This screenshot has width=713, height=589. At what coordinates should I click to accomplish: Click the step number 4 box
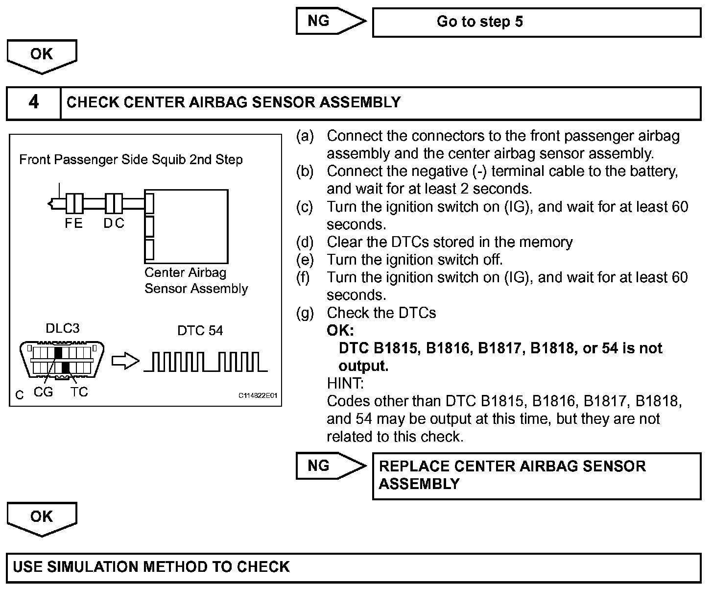[x=33, y=103]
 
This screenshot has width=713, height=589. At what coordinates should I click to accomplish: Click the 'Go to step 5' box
[x=536, y=22]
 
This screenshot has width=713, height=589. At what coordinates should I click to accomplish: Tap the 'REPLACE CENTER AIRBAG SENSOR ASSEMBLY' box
[x=536, y=475]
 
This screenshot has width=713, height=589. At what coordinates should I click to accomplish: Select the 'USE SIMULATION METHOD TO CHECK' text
[x=151, y=567]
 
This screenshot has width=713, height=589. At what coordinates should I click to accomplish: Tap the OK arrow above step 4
[x=42, y=55]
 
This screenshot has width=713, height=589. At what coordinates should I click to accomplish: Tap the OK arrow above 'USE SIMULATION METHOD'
[x=42, y=517]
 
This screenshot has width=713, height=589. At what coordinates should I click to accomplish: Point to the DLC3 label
[x=62, y=328]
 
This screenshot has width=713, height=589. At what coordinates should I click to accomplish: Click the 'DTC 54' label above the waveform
[x=200, y=331]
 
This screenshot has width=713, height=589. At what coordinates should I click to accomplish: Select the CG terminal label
[x=43, y=392]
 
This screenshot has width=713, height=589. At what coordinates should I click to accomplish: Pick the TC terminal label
[x=79, y=392]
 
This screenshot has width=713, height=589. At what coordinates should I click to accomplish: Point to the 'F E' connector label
[x=73, y=223]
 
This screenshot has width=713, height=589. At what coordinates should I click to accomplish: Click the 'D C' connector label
[x=114, y=223]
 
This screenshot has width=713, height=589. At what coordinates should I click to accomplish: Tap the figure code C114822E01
[x=258, y=395]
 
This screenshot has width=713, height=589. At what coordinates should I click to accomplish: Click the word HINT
[x=345, y=383]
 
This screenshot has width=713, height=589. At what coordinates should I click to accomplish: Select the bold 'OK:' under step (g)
[x=340, y=330]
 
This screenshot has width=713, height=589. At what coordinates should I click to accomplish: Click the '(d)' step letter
[x=305, y=242]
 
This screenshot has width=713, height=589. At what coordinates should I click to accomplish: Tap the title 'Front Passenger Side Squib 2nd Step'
[x=131, y=160]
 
